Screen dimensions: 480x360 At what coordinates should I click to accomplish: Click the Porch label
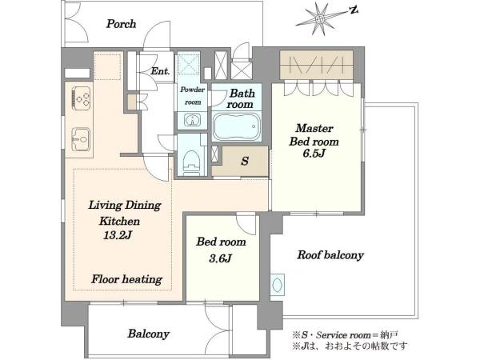121,24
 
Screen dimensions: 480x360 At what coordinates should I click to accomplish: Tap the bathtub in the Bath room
237,126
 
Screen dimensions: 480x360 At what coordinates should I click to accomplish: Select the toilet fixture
192,162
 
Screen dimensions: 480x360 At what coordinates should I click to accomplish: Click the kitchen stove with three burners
82,98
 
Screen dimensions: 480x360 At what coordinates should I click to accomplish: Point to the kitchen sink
81,139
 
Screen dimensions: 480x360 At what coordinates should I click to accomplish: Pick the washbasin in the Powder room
193,120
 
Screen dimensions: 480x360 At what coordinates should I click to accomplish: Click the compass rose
320,19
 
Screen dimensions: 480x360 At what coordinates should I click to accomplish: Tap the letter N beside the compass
354,10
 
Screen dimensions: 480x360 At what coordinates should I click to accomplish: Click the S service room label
245,161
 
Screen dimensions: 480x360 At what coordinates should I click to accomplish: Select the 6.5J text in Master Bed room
314,153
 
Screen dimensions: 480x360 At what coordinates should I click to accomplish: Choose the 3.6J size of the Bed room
221,258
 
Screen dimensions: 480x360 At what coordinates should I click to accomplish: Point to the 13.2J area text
118,235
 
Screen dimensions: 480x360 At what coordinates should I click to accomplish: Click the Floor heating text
126,279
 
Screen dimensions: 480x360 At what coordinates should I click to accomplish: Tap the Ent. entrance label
160,71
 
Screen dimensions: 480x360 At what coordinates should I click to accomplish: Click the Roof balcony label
330,255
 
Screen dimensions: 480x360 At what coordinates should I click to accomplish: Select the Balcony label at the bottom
149,334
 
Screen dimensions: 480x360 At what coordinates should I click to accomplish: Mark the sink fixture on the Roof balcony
278,285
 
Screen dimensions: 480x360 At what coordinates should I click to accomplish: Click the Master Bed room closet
316,65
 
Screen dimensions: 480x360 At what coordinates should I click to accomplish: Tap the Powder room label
193,96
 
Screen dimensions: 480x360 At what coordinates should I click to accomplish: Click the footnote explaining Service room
346,335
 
